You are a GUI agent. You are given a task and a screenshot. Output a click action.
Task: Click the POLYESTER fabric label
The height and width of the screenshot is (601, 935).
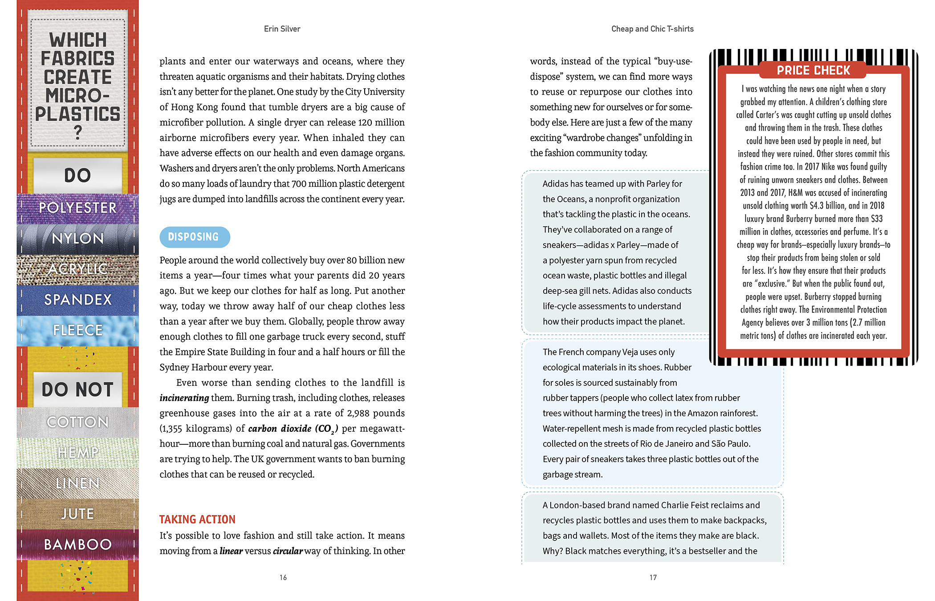77,208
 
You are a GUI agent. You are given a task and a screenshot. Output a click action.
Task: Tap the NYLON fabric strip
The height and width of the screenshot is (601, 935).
77,239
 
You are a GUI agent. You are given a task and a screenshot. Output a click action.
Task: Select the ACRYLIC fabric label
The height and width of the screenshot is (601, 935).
77,269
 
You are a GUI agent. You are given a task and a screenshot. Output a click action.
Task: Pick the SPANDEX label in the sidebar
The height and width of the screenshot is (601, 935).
77,300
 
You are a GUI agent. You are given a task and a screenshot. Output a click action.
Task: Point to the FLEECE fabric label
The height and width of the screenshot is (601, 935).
77,330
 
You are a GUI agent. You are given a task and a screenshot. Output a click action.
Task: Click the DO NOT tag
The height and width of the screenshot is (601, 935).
77,390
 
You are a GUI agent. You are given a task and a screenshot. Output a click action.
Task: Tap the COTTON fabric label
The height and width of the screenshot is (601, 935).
77,422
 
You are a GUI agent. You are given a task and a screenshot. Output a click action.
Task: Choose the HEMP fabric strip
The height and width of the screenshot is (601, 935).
77,453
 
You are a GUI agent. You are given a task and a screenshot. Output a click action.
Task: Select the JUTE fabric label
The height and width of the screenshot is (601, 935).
77,514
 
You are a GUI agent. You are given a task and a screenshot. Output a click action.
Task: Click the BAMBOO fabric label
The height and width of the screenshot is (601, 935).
77,544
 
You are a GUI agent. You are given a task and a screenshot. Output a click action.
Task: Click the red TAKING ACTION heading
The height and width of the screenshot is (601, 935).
197,520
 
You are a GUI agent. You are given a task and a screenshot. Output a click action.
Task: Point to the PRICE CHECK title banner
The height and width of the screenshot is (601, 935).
813,70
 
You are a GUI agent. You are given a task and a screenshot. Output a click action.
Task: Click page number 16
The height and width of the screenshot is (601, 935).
283,577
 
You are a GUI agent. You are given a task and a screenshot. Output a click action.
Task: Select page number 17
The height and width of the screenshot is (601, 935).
653,577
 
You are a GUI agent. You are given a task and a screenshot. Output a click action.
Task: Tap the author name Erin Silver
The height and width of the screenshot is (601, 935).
282,29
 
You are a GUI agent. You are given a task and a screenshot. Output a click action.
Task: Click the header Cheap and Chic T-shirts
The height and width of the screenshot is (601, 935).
652,29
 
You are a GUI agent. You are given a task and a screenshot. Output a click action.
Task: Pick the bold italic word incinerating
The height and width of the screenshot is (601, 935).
184,398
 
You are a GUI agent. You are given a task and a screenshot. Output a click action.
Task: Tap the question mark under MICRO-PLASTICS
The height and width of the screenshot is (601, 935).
78,133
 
